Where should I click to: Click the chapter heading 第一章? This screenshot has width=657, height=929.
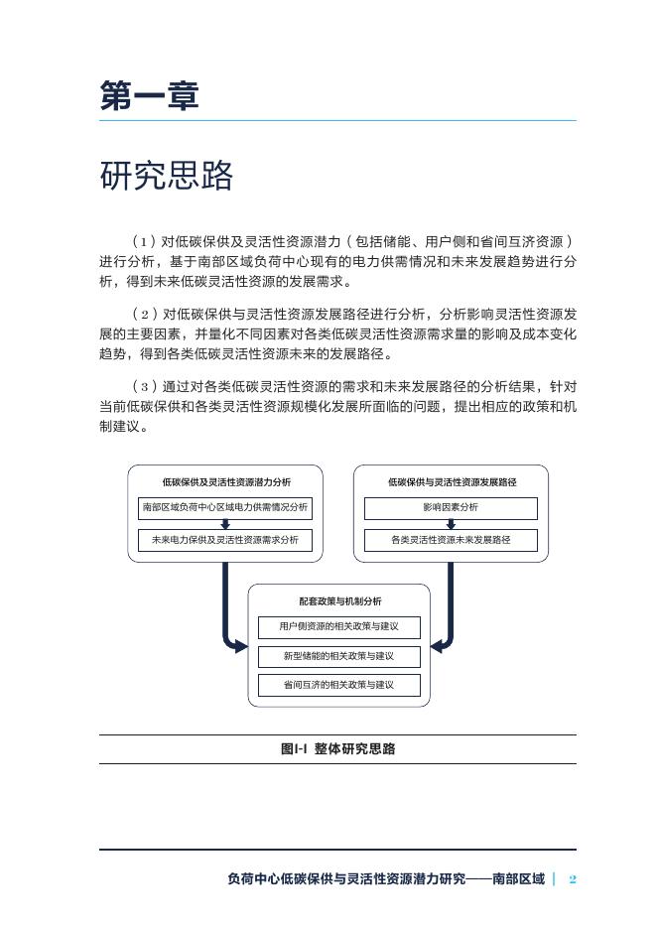[149, 96]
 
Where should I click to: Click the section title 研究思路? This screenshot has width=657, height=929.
[167, 176]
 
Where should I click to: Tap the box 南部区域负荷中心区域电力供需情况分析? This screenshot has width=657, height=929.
[226, 508]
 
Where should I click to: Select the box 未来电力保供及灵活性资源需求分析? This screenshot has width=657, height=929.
[226, 541]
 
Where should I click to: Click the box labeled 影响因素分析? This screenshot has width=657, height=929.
[451, 508]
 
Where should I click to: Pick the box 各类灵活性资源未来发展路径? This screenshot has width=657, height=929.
[451, 541]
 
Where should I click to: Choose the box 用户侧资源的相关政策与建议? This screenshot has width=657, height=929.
[338, 627]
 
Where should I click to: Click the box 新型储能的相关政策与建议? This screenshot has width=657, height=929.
[338, 656]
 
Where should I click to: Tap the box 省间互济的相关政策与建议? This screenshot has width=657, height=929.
[338, 685]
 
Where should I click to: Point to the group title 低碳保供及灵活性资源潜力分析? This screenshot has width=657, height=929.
[226, 482]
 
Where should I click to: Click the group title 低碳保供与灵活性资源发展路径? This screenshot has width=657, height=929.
[451, 482]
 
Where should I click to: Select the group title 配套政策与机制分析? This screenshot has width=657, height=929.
[338, 601]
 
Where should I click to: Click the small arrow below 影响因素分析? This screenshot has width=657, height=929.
[451, 525]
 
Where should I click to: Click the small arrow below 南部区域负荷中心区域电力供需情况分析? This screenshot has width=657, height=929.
[226, 525]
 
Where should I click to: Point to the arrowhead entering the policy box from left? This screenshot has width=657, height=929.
[241, 648]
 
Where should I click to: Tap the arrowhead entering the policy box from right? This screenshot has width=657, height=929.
[436, 648]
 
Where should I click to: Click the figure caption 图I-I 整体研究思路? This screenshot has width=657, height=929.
[337, 749]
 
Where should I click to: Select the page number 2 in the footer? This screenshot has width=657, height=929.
[573, 879]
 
